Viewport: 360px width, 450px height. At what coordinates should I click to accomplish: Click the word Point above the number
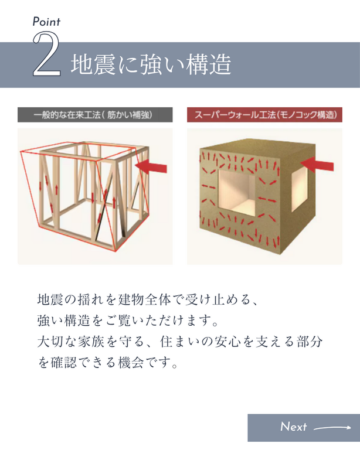coord(46,22)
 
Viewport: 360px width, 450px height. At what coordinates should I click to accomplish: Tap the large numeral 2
coord(46,54)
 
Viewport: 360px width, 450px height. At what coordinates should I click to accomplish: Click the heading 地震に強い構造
coord(151,65)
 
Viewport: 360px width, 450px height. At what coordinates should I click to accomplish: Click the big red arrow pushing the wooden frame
coord(151,166)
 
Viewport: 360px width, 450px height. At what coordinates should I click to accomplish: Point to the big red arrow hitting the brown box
coord(317,165)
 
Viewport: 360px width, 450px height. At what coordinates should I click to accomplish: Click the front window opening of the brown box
coord(236,193)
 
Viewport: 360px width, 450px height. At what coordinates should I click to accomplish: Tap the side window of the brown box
coord(300,189)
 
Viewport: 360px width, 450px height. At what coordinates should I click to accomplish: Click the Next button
coord(304,428)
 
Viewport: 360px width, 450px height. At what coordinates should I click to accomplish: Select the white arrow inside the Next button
coord(332,428)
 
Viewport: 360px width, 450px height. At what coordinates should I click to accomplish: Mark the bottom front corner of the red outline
coord(116,251)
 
